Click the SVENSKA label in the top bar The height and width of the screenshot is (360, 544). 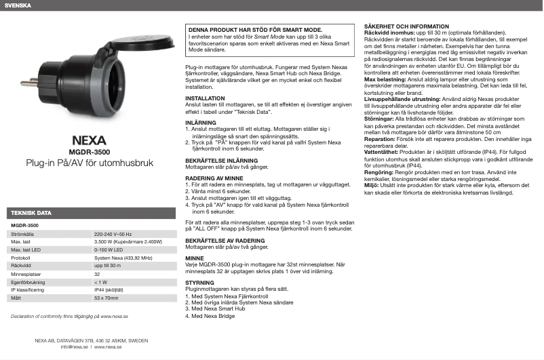[17, 6]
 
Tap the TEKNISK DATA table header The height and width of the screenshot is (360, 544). [31, 213]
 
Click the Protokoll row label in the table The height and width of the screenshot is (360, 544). [21, 258]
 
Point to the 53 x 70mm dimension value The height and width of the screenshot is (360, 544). [106, 298]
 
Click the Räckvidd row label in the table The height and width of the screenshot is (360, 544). [22, 266]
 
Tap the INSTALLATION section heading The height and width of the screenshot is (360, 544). [206, 98]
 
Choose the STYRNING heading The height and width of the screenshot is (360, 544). [200, 283]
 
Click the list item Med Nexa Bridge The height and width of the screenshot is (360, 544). [214, 316]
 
